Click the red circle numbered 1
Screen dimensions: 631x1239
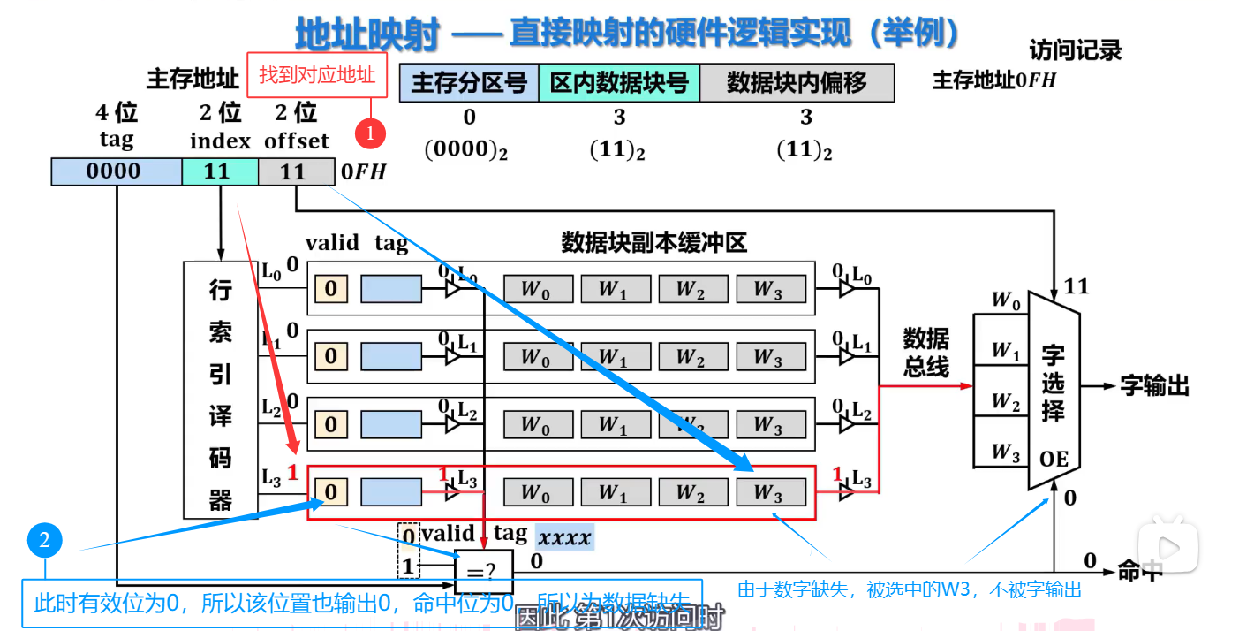click(371, 133)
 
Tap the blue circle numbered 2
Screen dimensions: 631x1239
click(44, 539)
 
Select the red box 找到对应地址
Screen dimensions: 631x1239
click(317, 75)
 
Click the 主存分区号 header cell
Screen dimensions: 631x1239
click(469, 83)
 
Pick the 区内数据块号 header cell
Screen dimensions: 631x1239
click(619, 83)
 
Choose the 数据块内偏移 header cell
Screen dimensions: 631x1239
click(797, 83)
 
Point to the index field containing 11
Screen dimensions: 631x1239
click(219, 171)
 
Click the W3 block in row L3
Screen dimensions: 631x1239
click(770, 492)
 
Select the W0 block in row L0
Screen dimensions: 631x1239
click(537, 289)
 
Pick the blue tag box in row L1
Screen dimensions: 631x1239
click(391, 356)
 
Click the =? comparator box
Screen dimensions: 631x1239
click(483, 571)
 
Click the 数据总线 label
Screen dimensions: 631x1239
click(925, 352)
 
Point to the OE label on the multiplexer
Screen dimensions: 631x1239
click(1054, 460)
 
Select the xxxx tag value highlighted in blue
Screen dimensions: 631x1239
click(564, 536)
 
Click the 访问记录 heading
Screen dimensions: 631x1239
click(1075, 50)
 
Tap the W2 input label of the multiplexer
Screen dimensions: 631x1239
click(1005, 402)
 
